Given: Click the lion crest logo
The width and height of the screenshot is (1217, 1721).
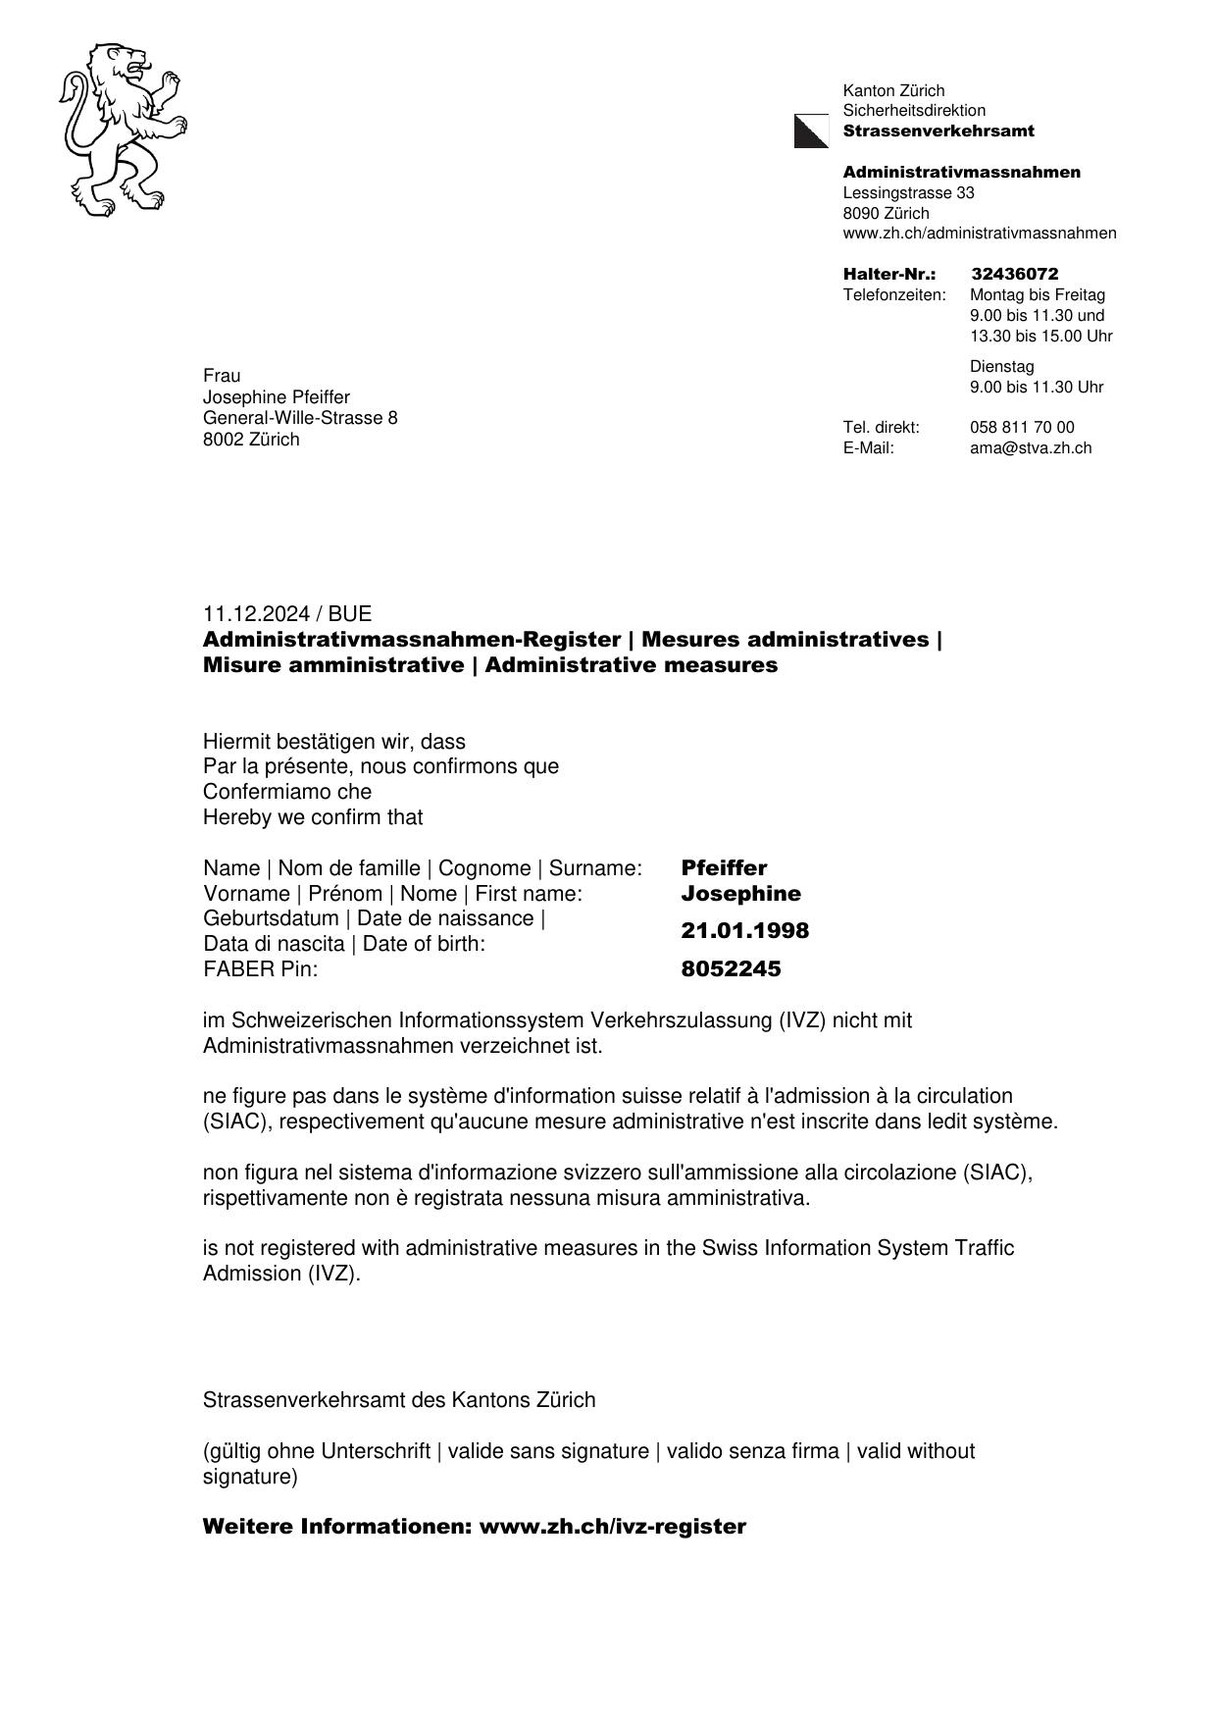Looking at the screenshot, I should tap(122, 129).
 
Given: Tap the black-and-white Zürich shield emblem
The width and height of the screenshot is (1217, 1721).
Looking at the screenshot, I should tap(811, 131).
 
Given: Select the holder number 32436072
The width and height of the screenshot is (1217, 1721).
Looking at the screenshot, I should tap(1014, 274).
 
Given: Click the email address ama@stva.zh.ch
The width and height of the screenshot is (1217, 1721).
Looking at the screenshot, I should tap(1030, 448).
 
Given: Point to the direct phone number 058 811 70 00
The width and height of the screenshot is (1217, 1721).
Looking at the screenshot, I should tap(1022, 428).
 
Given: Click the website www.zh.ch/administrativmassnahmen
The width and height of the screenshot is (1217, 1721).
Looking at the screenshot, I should tap(979, 234).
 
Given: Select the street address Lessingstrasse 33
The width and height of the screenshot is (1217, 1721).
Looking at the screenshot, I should tap(908, 193).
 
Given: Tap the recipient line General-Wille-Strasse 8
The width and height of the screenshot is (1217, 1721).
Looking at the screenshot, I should tap(300, 418).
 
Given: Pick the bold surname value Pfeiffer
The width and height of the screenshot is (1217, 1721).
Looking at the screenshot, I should tap(724, 868).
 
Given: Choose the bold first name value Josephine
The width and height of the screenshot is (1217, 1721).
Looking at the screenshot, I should tap(740, 894).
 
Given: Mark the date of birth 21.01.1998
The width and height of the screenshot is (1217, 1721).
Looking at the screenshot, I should tap(744, 931).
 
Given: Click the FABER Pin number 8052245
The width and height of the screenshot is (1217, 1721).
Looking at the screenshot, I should tap(731, 969).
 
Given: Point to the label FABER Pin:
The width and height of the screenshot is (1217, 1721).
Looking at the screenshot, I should tap(260, 969).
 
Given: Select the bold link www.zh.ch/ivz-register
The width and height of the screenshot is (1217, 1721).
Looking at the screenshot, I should tap(612, 1527).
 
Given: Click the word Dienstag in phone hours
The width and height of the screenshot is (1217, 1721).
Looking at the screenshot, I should tap(1001, 367).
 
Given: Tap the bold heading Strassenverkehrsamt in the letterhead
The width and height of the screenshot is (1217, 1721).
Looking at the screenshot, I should tap(938, 131).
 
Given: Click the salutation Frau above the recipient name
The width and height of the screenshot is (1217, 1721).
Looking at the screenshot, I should tap(222, 376).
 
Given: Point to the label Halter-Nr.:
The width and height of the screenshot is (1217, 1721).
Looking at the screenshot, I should tap(888, 274).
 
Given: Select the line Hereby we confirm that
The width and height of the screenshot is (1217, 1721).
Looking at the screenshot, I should tap(313, 817).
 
